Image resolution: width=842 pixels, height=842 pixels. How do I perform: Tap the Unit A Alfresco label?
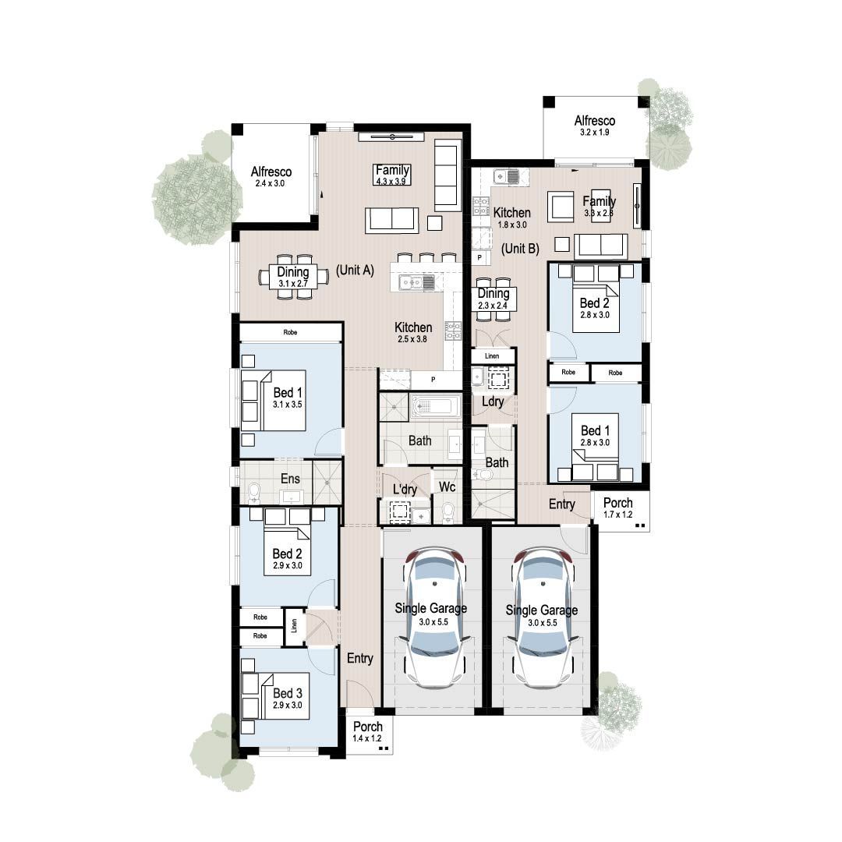pyautogui.click(x=271, y=177)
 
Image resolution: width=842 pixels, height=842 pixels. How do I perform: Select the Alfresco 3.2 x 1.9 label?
pyautogui.click(x=595, y=126)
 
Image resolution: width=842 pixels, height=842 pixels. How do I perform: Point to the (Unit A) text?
pyautogui.click(x=356, y=271)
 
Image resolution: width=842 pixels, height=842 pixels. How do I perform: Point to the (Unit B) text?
pyautogui.click(x=520, y=249)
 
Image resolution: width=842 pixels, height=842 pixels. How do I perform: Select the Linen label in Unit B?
pyautogui.click(x=491, y=356)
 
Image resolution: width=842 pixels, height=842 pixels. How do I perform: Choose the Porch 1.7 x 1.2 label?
pyautogui.click(x=619, y=508)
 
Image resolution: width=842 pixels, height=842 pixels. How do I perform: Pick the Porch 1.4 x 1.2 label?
pyautogui.click(x=367, y=732)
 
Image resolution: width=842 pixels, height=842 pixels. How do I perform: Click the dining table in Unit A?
pyautogui.click(x=294, y=277)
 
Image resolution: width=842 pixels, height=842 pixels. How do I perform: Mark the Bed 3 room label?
pyautogui.click(x=287, y=698)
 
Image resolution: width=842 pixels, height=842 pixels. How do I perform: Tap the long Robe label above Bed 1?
pyautogui.click(x=290, y=332)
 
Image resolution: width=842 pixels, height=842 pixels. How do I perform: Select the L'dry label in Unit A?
pyautogui.click(x=405, y=490)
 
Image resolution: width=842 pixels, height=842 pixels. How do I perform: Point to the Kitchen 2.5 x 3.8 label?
pyautogui.click(x=413, y=333)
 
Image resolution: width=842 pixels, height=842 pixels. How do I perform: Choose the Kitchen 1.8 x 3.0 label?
pyautogui.click(x=512, y=218)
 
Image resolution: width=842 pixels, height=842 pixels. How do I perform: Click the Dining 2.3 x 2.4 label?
pyautogui.click(x=493, y=299)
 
